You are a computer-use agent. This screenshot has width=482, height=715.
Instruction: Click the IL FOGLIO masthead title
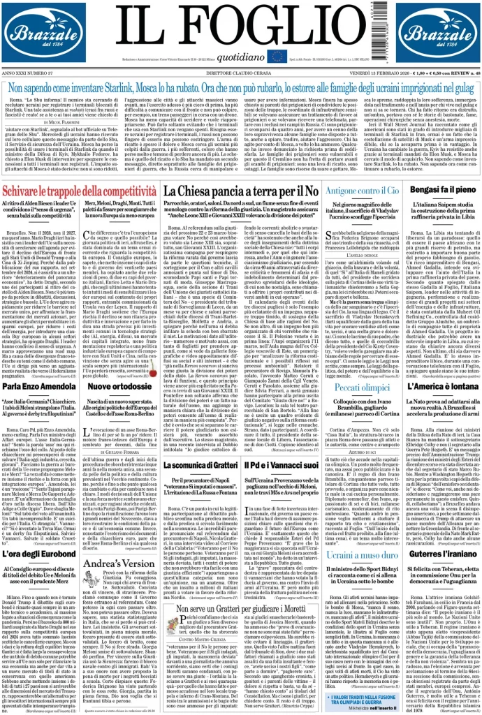241,25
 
